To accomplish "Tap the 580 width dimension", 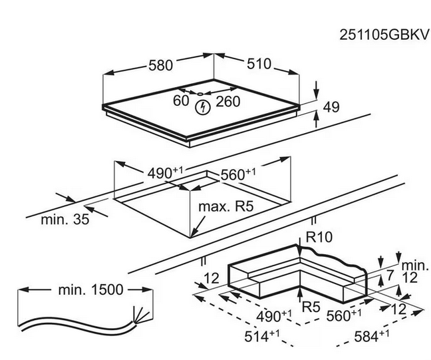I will tap(160, 65).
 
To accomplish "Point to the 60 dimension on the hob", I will tap(181, 101).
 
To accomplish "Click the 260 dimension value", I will tap(227, 101).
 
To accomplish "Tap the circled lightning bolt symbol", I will tap(202, 108).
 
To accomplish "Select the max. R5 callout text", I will tap(226, 207).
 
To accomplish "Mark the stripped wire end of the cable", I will tap(140, 312).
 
